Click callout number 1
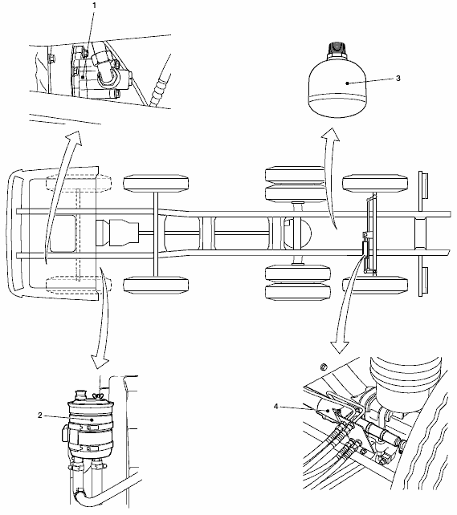tap(95, 6)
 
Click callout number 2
tap(40, 416)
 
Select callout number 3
tap(398, 78)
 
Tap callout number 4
tap(275, 407)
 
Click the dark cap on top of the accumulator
tap(337, 49)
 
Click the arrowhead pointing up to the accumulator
tap(330, 135)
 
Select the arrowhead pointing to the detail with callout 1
tap(74, 138)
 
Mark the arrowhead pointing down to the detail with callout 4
tap(340, 347)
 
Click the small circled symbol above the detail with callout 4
tap(324, 367)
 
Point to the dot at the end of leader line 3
tap(348, 83)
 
